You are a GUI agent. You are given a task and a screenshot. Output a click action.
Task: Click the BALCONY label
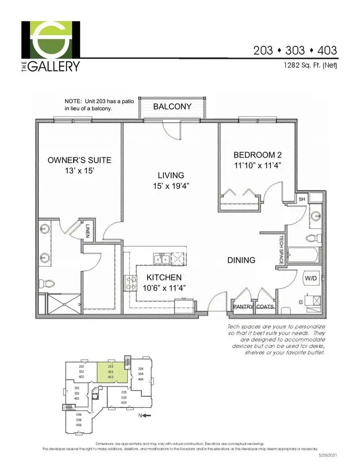coord(172,106)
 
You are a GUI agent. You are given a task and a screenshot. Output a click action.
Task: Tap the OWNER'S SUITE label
coord(79,160)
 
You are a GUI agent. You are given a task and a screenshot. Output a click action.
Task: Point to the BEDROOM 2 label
coord(257,155)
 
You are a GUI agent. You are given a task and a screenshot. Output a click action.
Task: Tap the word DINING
coord(241,260)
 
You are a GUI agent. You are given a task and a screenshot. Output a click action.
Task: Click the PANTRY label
coord(243,307)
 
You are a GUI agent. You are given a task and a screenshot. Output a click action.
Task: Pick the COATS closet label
coord(265,307)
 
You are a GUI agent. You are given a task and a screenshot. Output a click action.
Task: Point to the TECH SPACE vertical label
coord(281,250)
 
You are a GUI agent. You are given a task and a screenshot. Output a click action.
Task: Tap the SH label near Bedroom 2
coord(302,199)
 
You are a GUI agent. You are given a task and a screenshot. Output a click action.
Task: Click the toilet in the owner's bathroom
coord(49,284)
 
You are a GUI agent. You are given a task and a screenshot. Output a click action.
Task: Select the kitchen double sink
coord(161,259)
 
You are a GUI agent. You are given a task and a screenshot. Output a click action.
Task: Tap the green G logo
coord(51,39)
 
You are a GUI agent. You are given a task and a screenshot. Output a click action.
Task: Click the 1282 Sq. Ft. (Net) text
coord(311,65)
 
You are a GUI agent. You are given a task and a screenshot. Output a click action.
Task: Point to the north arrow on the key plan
coord(146,415)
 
